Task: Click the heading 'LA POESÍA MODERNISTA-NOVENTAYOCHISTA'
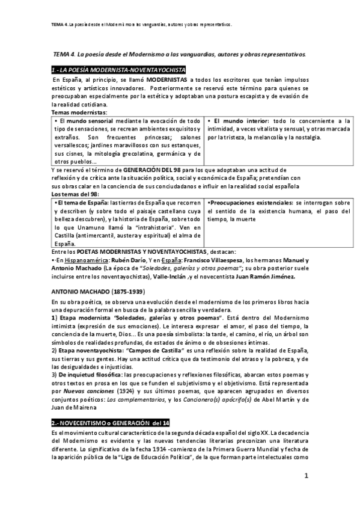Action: tap(122, 70)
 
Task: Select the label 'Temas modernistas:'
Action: tap(79, 112)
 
